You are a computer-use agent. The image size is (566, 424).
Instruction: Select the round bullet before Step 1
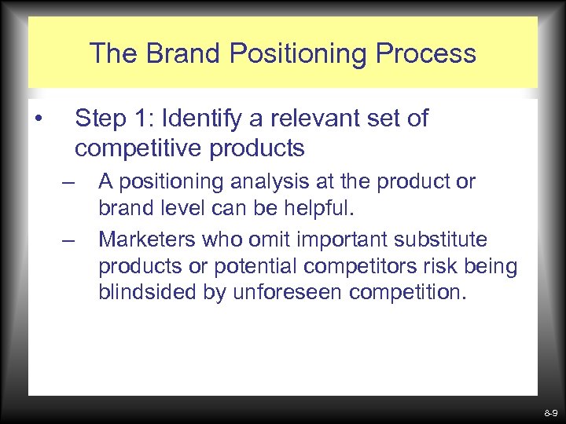click(38, 119)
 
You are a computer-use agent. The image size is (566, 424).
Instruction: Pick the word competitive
click(138, 148)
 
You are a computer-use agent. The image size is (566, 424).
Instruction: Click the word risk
click(432, 267)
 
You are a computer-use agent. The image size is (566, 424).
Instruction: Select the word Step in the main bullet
click(98, 119)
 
